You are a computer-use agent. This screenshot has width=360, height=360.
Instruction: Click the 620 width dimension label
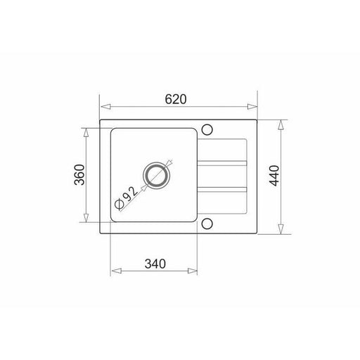coord(176,99)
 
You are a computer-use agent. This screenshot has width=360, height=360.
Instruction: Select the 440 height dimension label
coord(275,176)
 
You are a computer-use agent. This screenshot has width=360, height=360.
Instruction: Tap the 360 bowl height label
coord(79,175)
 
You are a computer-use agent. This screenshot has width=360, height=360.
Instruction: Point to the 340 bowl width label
coord(155,264)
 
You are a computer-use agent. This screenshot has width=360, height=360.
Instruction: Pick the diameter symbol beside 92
coord(119,204)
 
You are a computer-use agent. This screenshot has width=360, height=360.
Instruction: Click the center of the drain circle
coord(156,175)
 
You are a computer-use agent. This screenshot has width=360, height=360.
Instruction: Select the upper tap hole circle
coord(207,129)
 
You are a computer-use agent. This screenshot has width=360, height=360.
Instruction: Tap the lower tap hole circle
coord(207,224)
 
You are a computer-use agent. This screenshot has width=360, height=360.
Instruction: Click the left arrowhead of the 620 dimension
coord(105,107)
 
